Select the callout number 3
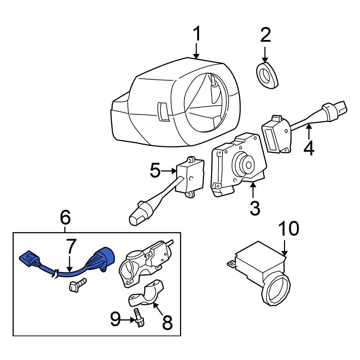tap(255, 208)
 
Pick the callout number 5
tap(155, 171)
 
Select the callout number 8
tap(167, 323)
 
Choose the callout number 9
tap(115, 319)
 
